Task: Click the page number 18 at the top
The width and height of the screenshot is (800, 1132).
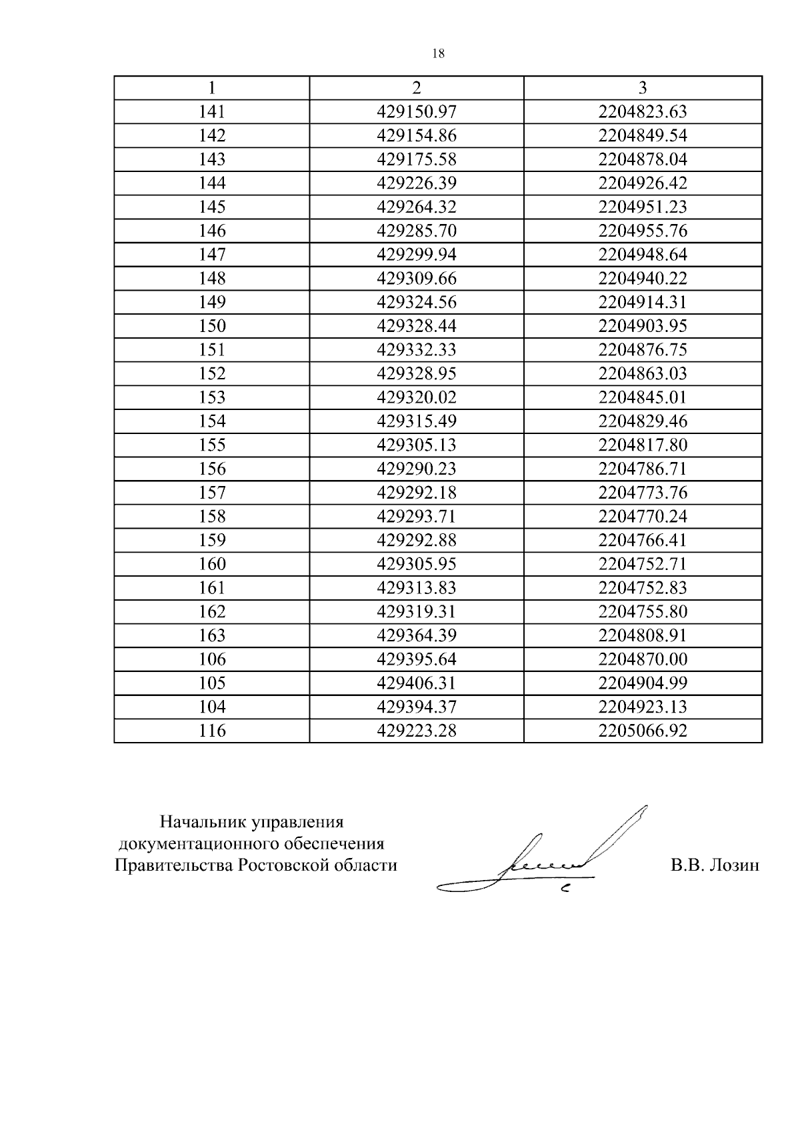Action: tap(438, 54)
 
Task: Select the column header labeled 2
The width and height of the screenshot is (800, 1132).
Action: tap(417, 88)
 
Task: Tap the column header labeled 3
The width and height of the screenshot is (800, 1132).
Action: tap(643, 88)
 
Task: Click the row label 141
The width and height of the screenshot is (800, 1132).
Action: tap(212, 112)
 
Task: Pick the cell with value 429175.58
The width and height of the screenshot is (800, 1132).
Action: tap(417, 159)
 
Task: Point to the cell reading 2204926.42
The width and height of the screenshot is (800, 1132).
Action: tap(643, 183)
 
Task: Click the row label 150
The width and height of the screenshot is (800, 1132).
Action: tap(212, 326)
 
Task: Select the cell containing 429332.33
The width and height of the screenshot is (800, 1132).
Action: tap(417, 350)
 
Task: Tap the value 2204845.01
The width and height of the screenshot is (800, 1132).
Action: tap(643, 397)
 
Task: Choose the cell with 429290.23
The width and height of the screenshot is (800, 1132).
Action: tap(417, 469)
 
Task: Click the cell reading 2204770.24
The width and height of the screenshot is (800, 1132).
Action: tap(643, 517)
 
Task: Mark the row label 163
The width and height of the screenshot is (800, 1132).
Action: tap(212, 635)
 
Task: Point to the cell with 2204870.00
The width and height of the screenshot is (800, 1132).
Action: tap(643, 659)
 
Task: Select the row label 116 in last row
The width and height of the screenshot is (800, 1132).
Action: tap(212, 731)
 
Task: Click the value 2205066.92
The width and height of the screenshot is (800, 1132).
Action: tap(643, 731)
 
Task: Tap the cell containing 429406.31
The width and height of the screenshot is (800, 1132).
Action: tap(417, 683)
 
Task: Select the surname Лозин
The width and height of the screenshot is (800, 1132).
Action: tap(733, 865)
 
